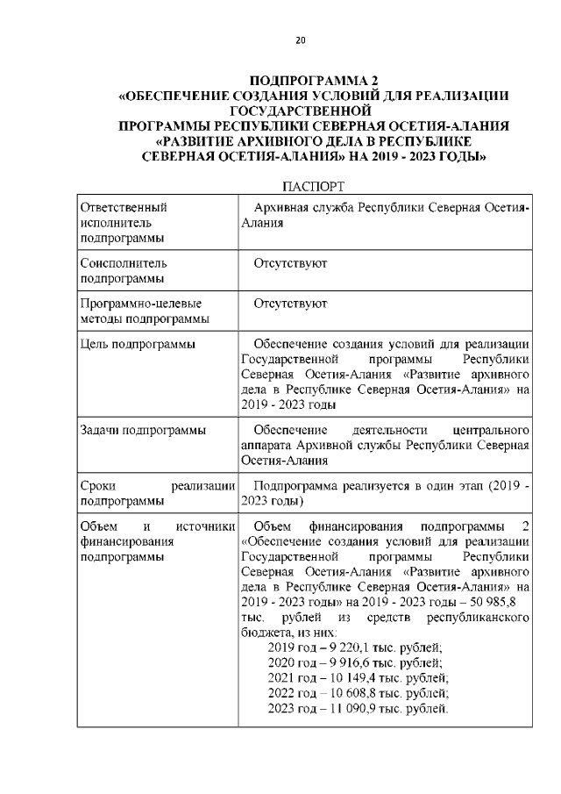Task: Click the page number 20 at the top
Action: coord(300,40)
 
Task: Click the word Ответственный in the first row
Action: coord(124,207)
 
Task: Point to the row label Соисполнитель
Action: coord(124,262)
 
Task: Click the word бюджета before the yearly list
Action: coord(266,632)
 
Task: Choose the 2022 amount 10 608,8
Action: coord(364,693)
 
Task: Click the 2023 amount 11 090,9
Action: coord(364,708)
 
